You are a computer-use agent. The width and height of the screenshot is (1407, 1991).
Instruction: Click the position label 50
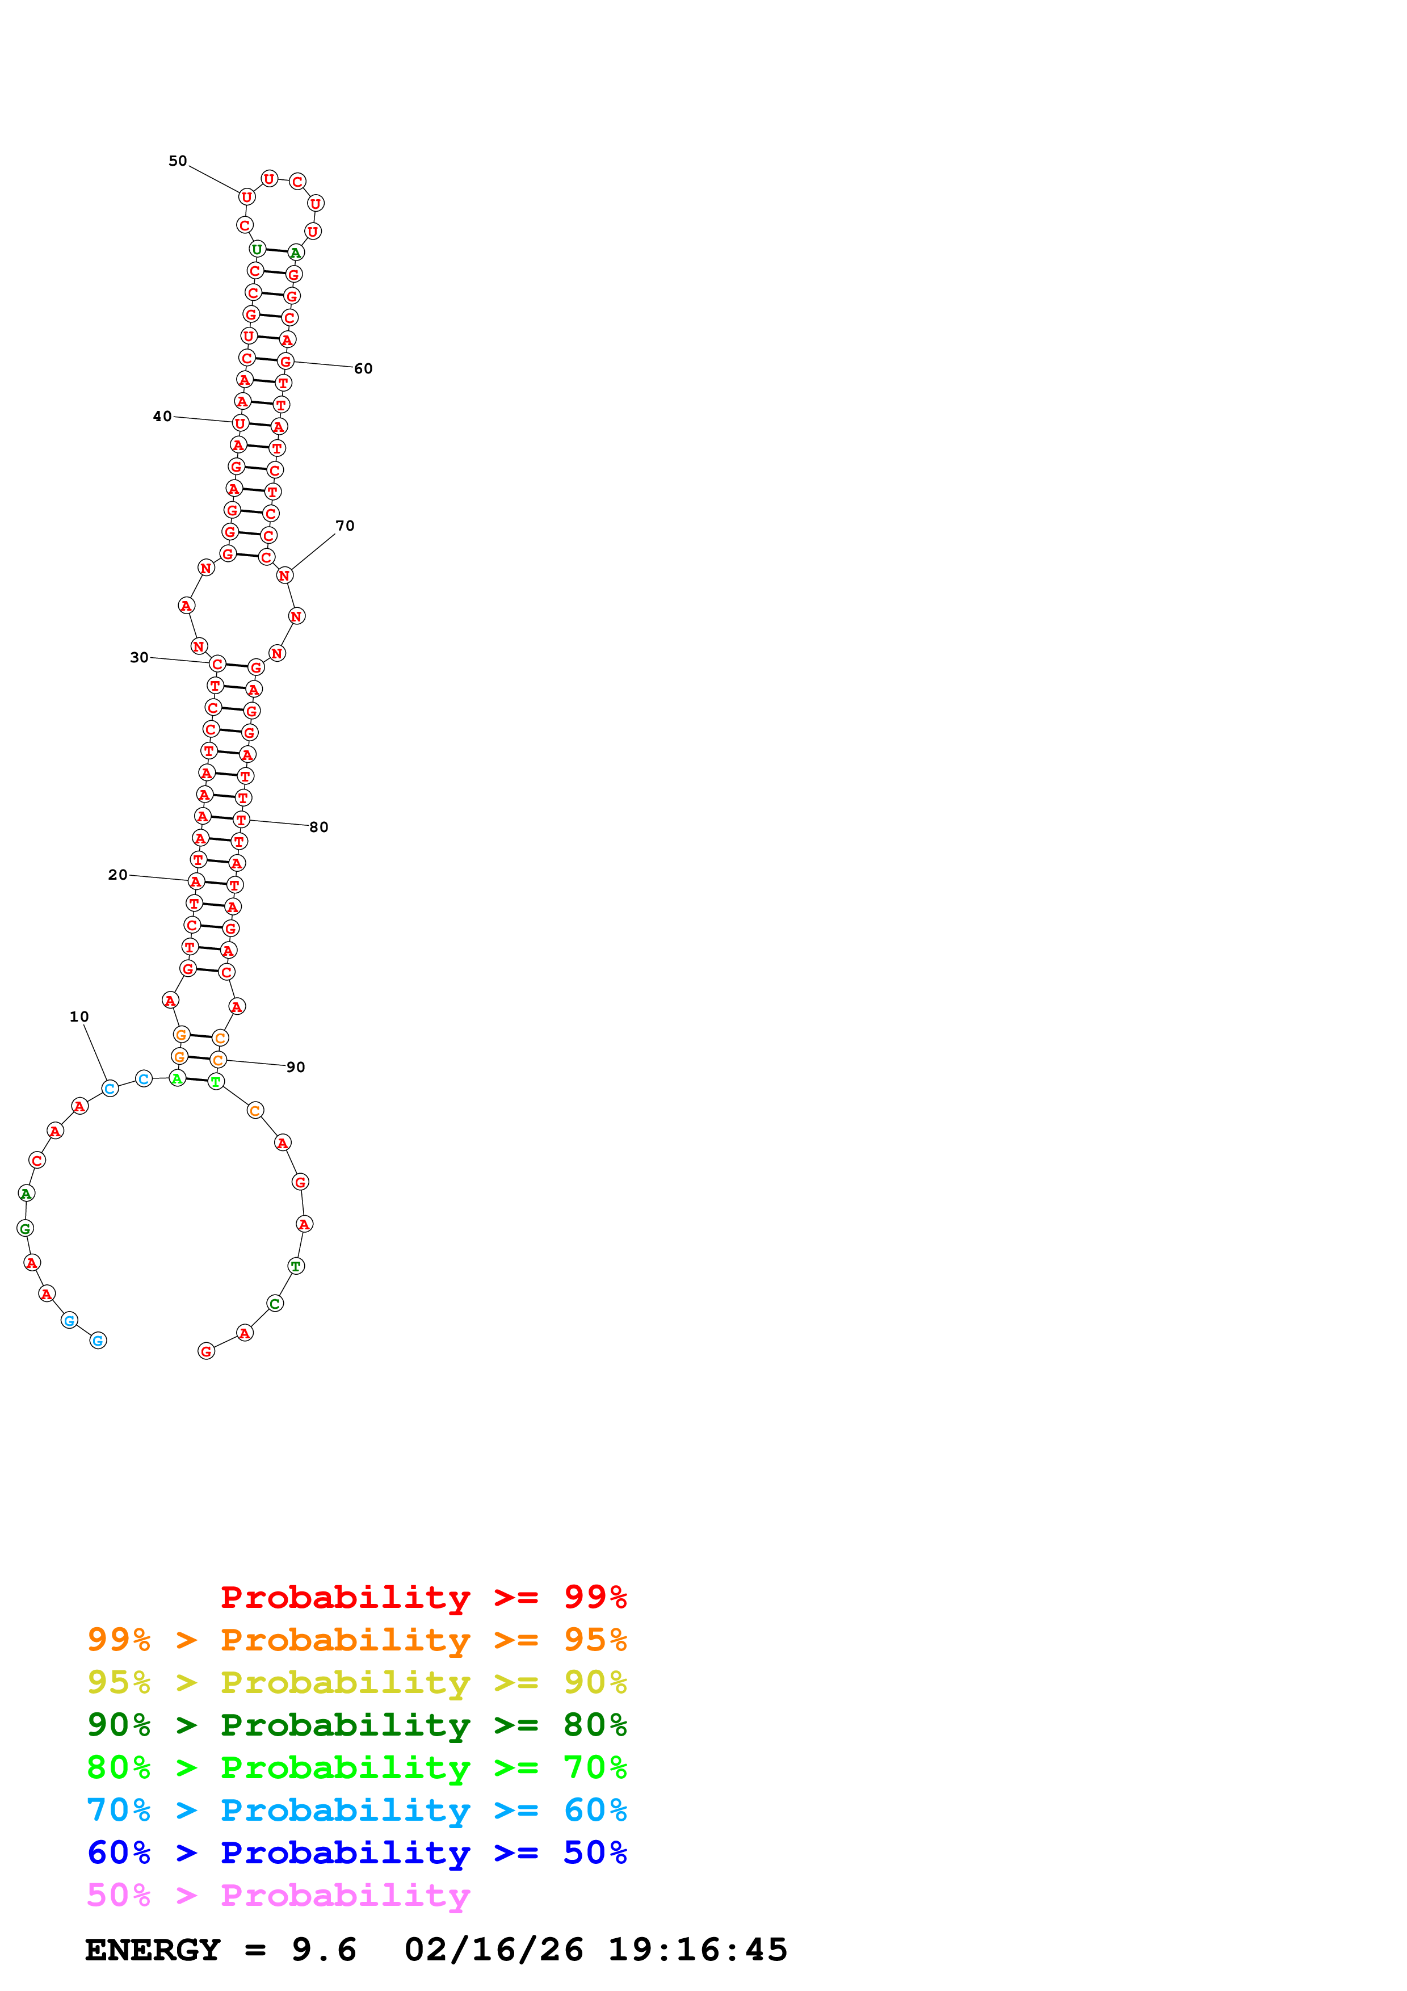[178, 161]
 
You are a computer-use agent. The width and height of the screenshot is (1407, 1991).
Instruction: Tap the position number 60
[363, 368]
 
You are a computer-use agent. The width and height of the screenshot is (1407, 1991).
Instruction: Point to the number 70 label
[345, 526]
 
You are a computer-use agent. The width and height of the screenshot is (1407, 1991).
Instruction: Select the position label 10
[79, 1016]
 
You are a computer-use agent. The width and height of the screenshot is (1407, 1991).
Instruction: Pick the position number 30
[138, 657]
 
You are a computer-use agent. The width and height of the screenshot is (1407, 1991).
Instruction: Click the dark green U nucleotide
[257, 250]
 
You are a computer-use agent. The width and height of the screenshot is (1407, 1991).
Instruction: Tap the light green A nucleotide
[177, 1079]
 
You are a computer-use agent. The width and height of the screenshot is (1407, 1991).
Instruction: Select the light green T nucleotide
[216, 1081]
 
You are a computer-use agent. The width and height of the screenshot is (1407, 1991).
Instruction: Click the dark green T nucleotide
[296, 1266]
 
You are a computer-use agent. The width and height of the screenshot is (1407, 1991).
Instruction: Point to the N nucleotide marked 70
[284, 575]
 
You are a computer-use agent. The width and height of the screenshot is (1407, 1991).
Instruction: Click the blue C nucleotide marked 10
[109, 1088]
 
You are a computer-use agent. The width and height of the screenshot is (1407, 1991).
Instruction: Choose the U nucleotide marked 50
[246, 197]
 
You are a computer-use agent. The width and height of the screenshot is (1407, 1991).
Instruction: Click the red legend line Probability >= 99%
[423, 1597]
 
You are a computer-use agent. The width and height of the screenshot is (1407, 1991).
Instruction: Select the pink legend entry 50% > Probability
[278, 1895]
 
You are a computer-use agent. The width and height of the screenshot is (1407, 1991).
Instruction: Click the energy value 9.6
[324, 1950]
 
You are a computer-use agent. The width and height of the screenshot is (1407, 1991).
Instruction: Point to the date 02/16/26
[493, 1950]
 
